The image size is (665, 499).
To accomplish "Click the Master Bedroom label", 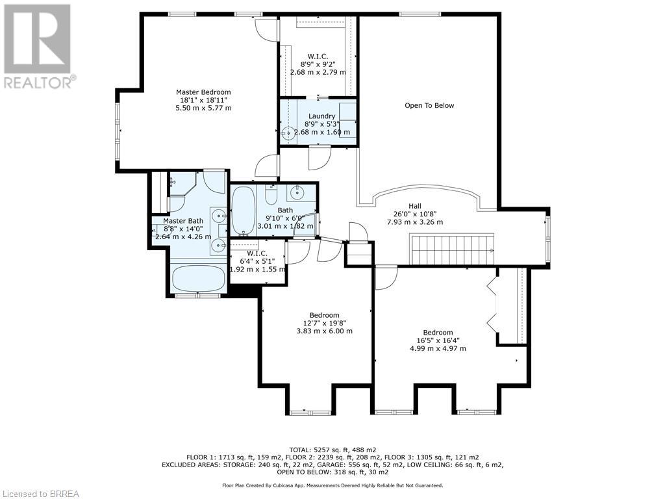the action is click(x=203, y=92).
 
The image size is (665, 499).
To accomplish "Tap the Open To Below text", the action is click(x=429, y=106).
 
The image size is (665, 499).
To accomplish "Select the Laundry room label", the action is click(x=322, y=116).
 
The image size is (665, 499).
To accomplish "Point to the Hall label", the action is click(x=415, y=206).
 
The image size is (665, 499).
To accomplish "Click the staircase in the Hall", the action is click(x=453, y=249).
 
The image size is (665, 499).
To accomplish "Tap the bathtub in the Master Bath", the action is click(x=199, y=278).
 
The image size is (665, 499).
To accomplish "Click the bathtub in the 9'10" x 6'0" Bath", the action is click(x=244, y=210).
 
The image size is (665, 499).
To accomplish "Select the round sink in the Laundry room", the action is click(x=288, y=133).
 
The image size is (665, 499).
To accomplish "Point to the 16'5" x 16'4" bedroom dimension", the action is click(x=438, y=340).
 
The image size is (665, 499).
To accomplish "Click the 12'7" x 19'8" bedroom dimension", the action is click(x=325, y=323).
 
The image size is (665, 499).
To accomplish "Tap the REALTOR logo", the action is click(x=38, y=47).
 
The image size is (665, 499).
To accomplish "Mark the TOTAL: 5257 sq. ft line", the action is click(x=332, y=450).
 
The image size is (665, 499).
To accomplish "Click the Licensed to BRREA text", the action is click(x=40, y=494).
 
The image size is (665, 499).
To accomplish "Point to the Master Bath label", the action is click(x=183, y=221).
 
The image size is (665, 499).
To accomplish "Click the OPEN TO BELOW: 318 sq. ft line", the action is click(x=332, y=472).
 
